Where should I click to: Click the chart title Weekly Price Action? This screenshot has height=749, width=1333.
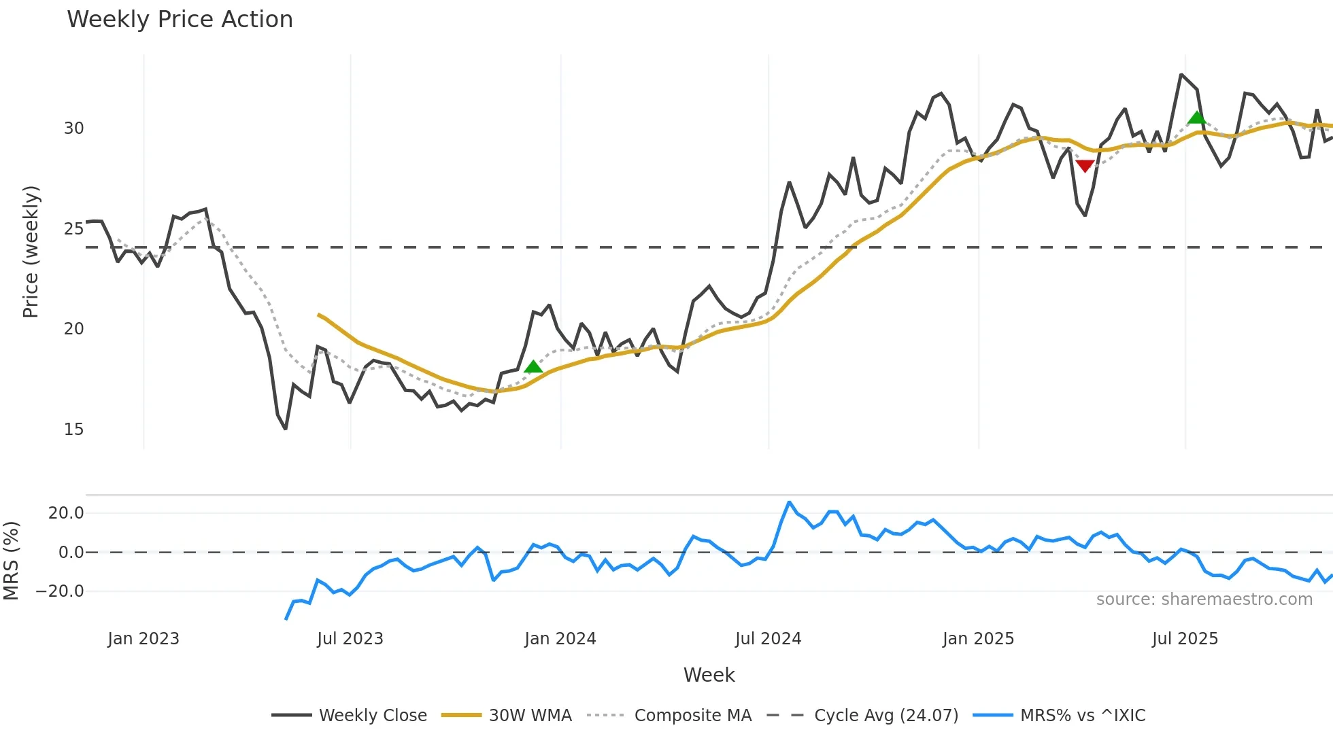point(180,20)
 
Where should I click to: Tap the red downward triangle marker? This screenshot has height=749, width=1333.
point(1085,166)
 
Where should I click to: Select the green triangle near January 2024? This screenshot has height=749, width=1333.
point(533,367)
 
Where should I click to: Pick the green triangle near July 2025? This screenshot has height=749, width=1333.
point(1196,118)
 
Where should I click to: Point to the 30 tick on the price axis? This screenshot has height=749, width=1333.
point(73,128)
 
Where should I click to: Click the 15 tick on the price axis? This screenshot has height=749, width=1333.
point(73,430)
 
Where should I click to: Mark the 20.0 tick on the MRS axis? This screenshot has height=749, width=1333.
point(66,513)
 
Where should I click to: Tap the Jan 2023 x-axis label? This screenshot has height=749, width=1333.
point(144,639)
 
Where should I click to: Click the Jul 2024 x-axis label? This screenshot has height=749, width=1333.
point(768,639)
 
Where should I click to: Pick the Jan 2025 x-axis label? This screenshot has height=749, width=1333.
point(978,639)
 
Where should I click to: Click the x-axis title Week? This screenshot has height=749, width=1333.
point(709,675)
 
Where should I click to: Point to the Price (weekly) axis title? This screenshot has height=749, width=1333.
point(31,251)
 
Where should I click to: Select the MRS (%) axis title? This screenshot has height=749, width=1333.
point(11,561)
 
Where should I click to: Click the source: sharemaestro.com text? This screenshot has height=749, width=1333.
point(1204,599)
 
